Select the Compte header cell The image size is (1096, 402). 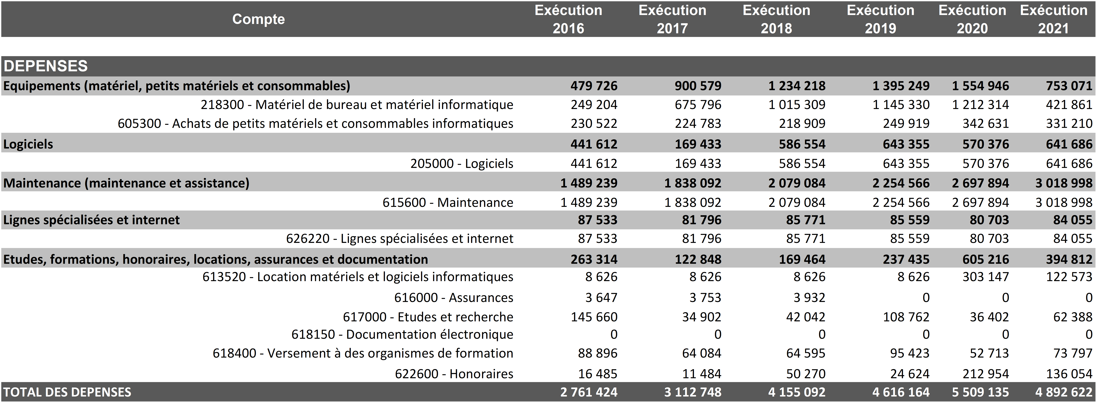tap(258, 19)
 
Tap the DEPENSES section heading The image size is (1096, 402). tap(45, 66)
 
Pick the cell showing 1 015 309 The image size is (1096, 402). tap(796, 105)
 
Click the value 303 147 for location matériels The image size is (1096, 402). tap(985, 277)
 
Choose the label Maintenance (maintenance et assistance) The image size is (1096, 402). tap(126, 183)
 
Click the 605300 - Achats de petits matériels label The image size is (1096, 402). tap(315, 123)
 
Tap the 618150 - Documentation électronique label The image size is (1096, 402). tap(402, 334)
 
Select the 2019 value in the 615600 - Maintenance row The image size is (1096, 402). tap(901, 202)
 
